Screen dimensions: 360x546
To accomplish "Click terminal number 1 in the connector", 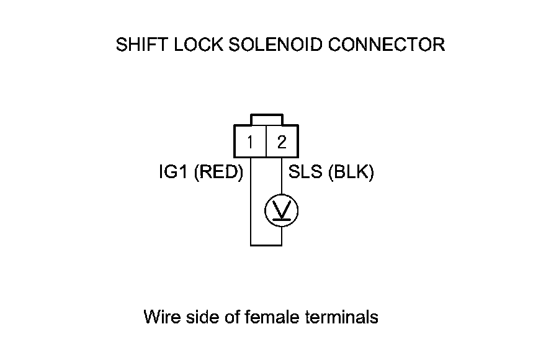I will point(249,142).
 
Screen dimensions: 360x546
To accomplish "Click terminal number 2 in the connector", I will point(282,142).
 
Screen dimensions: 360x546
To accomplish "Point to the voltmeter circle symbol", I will point(282,212).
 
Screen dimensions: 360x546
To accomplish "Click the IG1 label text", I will point(174,173).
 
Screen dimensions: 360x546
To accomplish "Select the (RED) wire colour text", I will point(218,173).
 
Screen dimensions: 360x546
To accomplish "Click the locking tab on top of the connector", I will point(266,119).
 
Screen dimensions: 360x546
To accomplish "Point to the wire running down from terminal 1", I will point(250,205).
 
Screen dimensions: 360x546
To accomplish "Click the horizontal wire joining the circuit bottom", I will point(266,245).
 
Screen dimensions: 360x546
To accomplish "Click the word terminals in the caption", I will point(342,317).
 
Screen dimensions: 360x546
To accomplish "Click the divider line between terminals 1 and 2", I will point(266,142).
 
